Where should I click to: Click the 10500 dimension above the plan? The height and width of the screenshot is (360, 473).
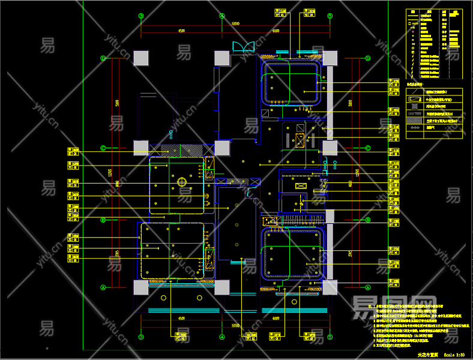(235, 24)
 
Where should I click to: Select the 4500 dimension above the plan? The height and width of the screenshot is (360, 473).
(181, 31)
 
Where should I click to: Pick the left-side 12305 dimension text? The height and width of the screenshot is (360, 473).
(110, 173)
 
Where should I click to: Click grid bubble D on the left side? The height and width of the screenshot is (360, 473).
(103, 58)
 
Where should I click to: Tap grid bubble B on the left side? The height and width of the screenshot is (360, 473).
(103, 220)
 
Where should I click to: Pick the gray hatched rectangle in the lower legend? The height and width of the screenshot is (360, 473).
(414, 121)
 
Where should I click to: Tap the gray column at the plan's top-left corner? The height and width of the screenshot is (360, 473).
(141, 58)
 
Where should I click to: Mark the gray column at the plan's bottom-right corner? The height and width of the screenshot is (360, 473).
(330, 287)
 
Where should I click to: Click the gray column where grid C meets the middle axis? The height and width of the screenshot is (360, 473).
(222, 148)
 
